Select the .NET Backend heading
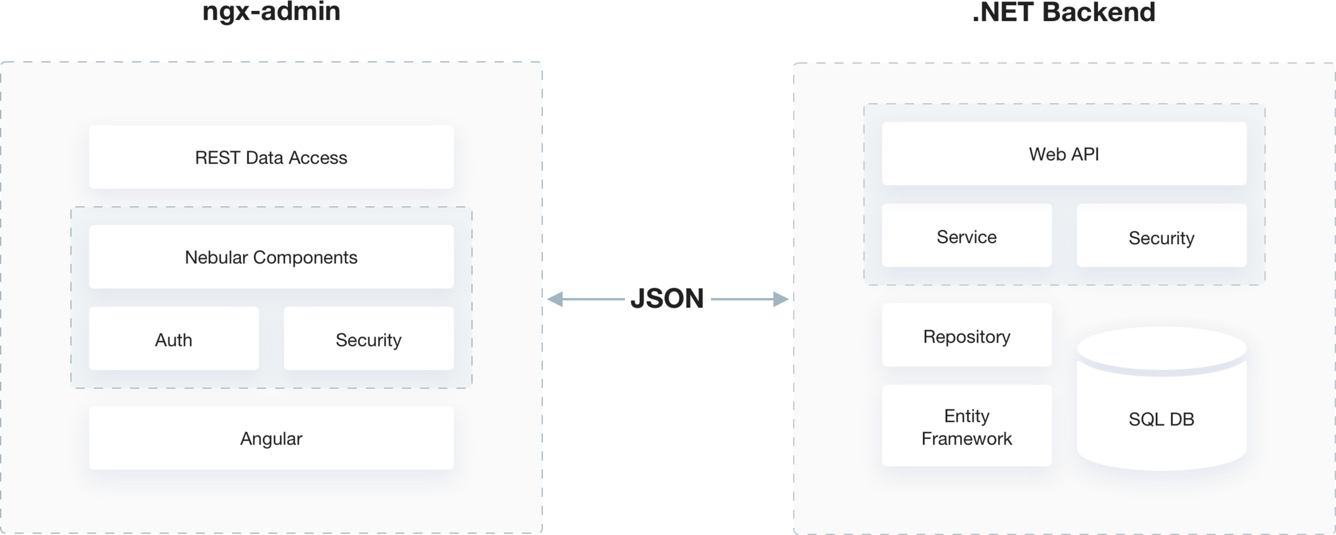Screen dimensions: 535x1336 [1064, 12]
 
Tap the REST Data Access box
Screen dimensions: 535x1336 [271, 157]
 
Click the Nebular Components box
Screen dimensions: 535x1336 [271, 257]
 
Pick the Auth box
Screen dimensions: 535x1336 [174, 339]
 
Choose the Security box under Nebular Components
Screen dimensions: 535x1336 [369, 339]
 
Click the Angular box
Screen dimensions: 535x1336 [271, 438]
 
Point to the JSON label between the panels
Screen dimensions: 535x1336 [667, 298]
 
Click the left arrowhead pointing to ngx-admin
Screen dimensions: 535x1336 [555, 299]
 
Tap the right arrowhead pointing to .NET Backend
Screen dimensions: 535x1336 [781, 299]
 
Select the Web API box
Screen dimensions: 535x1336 [1064, 154]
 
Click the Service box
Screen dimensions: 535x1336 [966, 236]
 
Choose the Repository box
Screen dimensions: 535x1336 [966, 336]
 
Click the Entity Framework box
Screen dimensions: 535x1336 [966, 426]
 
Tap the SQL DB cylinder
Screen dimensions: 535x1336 [1161, 419]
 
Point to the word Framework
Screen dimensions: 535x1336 [966, 439]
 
